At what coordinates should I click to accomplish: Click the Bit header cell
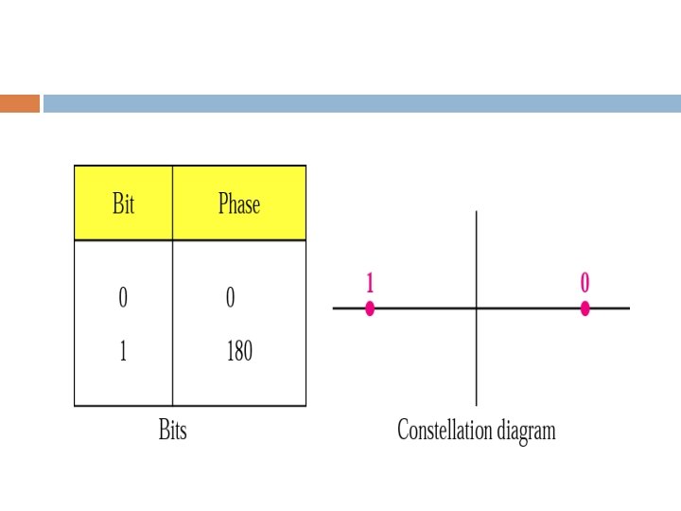123,203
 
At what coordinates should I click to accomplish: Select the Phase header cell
238,203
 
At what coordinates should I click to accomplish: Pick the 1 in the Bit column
123,352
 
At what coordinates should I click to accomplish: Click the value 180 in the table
238,352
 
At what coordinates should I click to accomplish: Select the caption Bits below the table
172,431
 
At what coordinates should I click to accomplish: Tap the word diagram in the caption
527,432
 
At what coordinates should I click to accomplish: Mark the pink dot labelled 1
370,308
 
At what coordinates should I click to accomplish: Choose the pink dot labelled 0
585,308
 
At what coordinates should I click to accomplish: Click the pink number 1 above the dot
370,282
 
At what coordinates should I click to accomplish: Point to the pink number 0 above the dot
585,282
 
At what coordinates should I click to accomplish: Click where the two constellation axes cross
476,308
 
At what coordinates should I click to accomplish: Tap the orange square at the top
20,103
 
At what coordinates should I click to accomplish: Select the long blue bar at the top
361,103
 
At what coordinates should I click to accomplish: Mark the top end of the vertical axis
476,212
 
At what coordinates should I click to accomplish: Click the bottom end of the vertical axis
476,404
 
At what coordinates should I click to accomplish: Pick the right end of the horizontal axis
628,308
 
